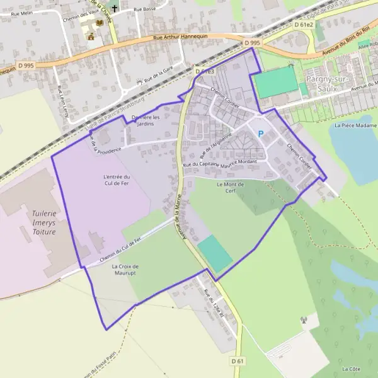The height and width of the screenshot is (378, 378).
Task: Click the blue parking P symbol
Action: click(260, 133)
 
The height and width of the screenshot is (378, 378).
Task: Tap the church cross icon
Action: click(113, 9)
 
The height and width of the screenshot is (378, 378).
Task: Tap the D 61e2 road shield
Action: click(304, 24)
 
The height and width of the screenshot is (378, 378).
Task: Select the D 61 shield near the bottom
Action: click(237, 360)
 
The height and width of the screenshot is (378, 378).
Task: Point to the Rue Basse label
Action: click(144, 10)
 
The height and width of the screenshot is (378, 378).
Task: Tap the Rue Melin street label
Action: click(21, 13)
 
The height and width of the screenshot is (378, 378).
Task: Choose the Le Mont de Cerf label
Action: click(229, 188)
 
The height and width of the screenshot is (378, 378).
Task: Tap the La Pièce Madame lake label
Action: click(355, 125)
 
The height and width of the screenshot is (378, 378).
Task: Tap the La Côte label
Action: click(350, 368)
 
